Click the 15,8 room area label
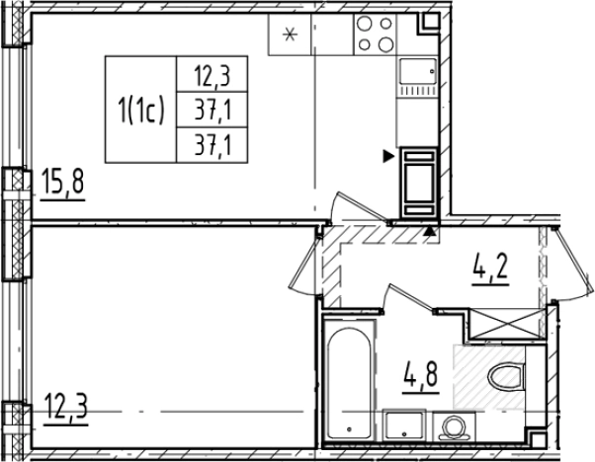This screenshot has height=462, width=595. click(x=62, y=182)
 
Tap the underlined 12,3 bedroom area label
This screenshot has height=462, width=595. click(x=65, y=407)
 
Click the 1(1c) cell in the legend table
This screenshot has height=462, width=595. click(x=140, y=110)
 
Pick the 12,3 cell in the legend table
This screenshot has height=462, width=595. click(x=212, y=74)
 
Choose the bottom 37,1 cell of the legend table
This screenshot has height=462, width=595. click(x=212, y=145)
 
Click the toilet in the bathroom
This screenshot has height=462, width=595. click(x=506, y=378)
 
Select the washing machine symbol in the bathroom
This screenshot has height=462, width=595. click(x=454, y=426)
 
